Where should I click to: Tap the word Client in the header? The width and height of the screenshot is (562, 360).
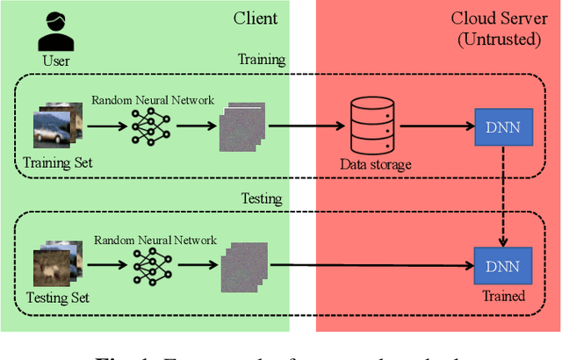256,18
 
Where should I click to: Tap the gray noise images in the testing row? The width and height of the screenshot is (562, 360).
240,263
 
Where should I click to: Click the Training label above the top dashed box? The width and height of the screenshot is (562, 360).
261,60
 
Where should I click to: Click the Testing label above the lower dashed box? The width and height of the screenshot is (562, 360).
261,198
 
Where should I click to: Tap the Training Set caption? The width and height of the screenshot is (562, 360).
57,162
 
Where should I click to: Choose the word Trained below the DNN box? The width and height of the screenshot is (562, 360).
503,296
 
